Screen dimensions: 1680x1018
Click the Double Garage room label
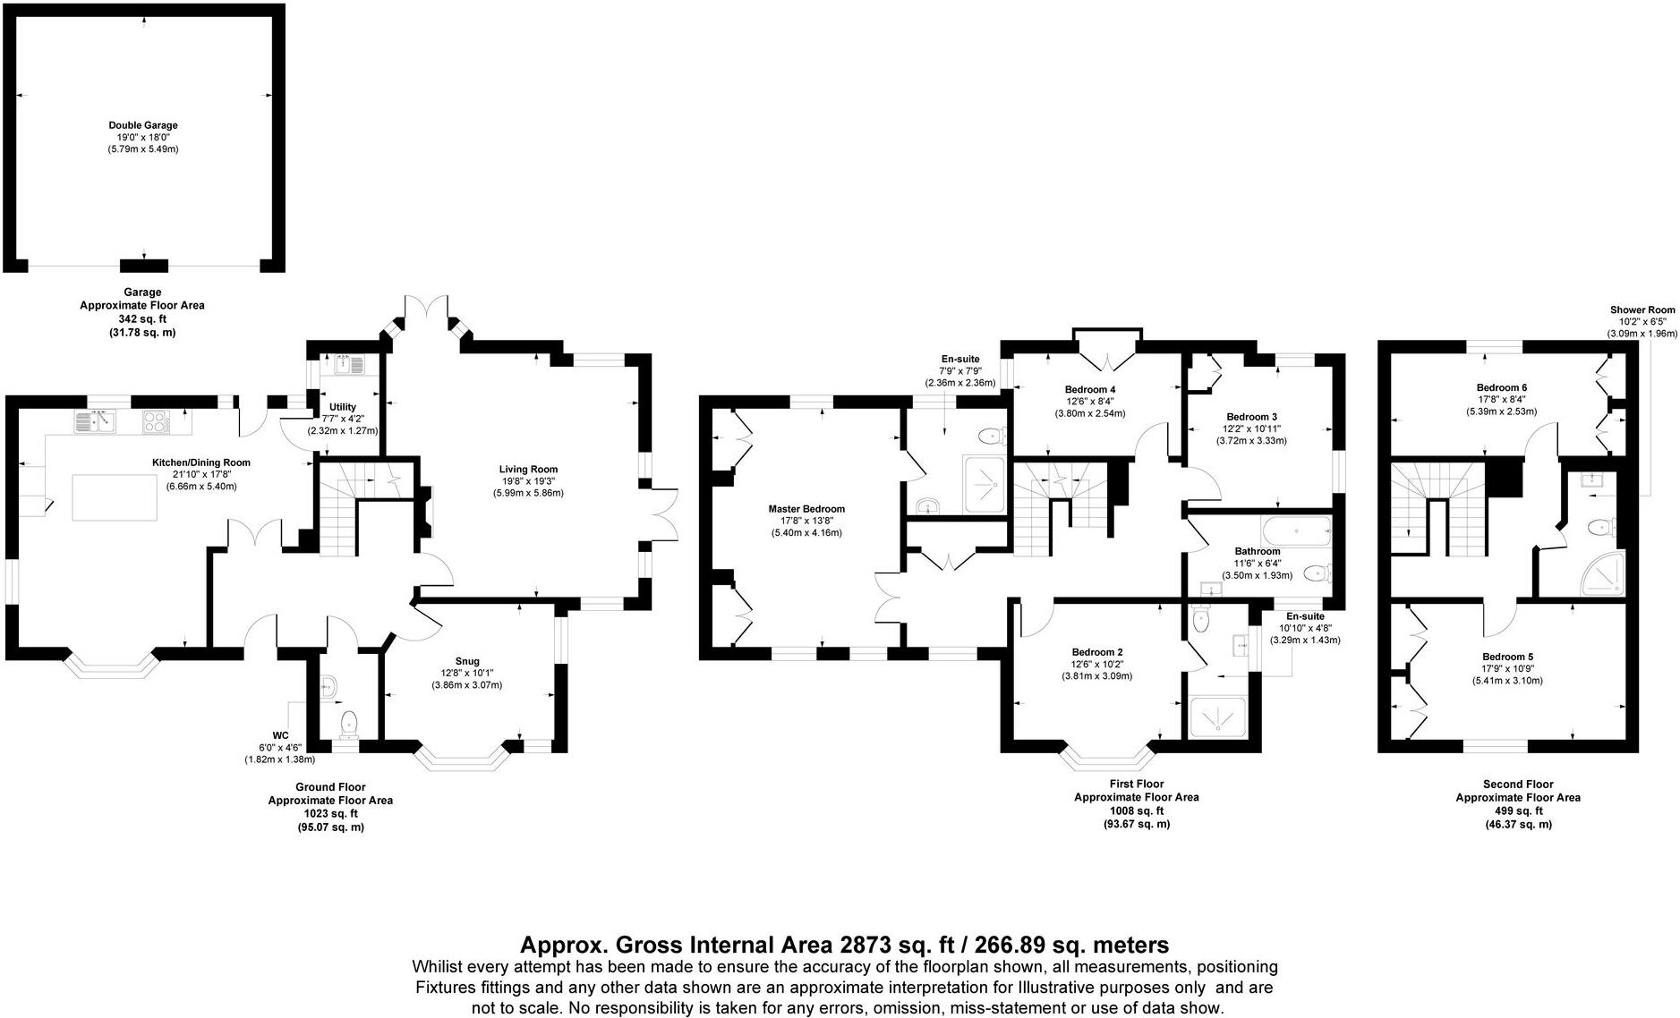143,125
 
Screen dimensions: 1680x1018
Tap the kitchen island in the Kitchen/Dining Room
115,497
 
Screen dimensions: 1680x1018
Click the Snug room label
466,661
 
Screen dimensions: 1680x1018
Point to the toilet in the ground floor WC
349,722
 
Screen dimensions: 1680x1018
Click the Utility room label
343,407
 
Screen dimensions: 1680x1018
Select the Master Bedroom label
806,509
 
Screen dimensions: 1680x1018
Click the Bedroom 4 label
1090,389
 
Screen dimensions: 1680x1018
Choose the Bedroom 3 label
1251,417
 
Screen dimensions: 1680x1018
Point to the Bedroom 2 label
1096,652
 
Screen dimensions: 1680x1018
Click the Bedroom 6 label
1502,387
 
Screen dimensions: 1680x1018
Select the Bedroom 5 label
1507,657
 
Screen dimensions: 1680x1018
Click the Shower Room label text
1642,310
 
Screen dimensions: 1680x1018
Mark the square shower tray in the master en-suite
986,484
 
